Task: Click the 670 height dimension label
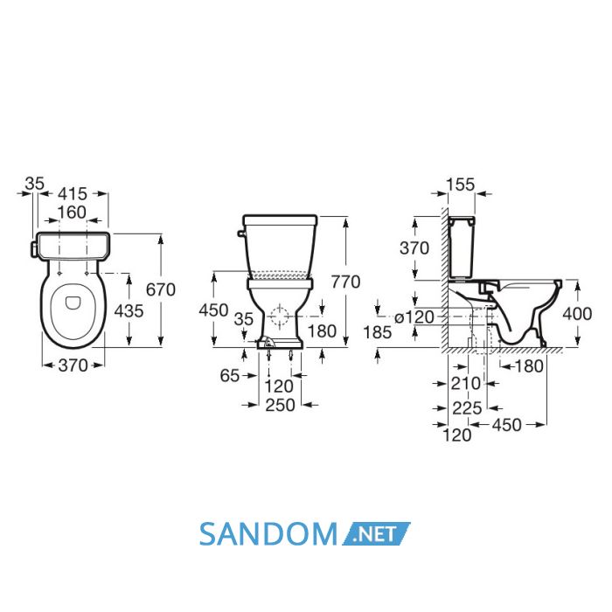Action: tap(160, 289)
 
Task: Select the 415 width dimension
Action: tap(73, 193)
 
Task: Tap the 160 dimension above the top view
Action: tap(72, 212)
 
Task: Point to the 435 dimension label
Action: tap(129, 311)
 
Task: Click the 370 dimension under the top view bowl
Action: tap(73, 365)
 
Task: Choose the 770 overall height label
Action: tap(346, 282)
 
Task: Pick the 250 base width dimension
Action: tap(281, 405)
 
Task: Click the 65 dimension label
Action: tap(229, 375)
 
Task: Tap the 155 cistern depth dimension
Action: tap(461, 184)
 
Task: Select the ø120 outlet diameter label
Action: tap(414, 317)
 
